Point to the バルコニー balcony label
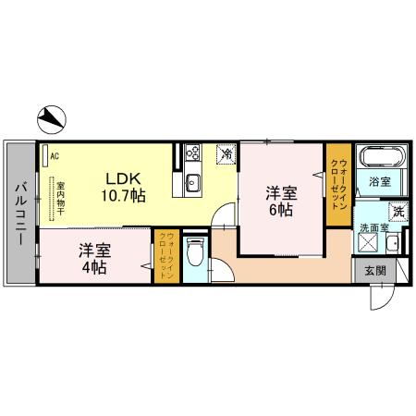click(18, 214)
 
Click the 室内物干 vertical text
click(60, 197)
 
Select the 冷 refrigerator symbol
click(225, 154)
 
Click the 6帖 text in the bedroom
click(282, 211)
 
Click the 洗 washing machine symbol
click(398, 212)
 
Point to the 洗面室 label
click(372, 227)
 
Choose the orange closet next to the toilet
click(166, 257)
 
